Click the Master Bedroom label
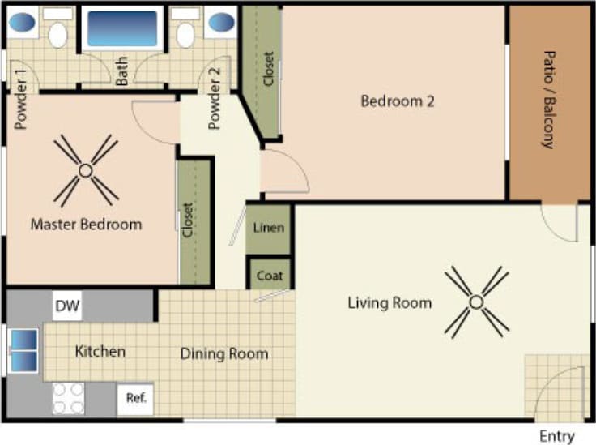point(86,225)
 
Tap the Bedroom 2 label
point(398,101)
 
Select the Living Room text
point(390,303)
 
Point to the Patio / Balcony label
point(547,101)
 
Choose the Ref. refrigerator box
point(135,399)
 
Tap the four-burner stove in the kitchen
point(68,398)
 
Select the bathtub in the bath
point(122,29)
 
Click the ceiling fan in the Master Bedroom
point(85,170)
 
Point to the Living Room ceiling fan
point(476,302)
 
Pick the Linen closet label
point(269,228)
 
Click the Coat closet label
point(269,276)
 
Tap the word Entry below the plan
point(557,436)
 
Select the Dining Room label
point(223,354)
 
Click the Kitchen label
point(100,352)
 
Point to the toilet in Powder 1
point(57,35)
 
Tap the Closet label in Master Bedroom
point(188,220)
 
